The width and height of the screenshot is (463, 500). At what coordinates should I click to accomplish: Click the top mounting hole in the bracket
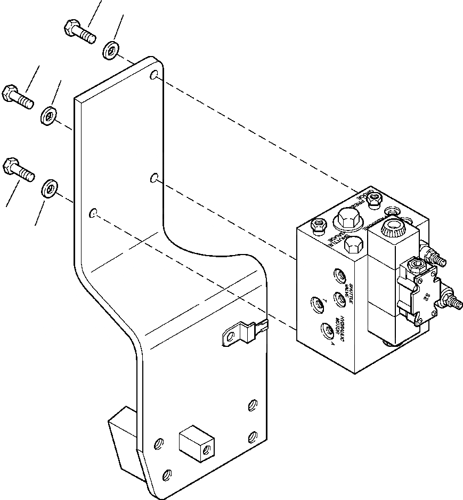[154, 76]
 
